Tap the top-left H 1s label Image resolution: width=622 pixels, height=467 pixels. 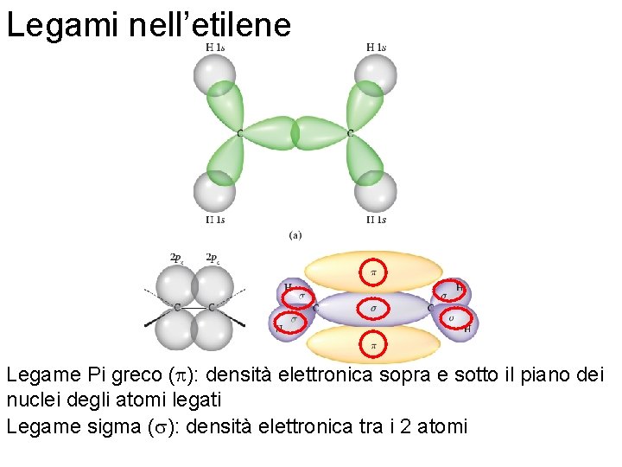pos(217,48)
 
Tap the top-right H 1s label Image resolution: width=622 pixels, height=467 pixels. pos(376,48)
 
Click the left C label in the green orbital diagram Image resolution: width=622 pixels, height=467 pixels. pos(239,133)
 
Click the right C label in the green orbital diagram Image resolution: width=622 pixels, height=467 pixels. pos(350,133)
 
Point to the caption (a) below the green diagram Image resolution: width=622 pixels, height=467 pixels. pos(295,234)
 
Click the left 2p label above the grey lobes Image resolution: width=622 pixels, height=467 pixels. pos(176,257)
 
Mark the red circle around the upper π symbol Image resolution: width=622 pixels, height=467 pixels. pos(373,272)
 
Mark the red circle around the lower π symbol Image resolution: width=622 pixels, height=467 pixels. pos(373,344)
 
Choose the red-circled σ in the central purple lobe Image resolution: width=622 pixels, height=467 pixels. pos(373,308)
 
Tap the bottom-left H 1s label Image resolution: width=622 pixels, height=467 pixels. pos(216,220)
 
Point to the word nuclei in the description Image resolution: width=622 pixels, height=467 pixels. pos(31,400)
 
